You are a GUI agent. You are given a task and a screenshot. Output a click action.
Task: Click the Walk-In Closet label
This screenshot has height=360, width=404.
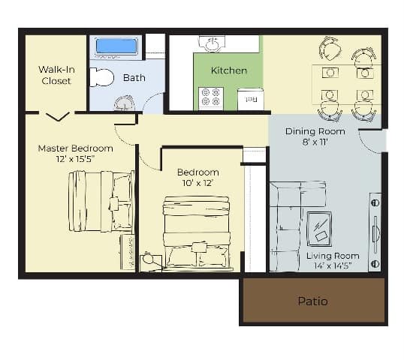click(x=56, y=75)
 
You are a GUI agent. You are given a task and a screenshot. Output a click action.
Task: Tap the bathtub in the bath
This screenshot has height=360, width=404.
click(x=117, y=46)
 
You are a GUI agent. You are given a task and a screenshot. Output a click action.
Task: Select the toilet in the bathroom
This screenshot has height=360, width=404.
click(x=101, y=77)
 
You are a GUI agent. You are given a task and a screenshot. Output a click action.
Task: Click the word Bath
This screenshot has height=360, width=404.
click(x=134, y=77)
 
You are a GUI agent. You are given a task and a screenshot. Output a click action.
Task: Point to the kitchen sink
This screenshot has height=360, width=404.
click(x=210, y=44)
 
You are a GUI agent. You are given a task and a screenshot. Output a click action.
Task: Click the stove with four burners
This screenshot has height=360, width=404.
click(x=210, y=97)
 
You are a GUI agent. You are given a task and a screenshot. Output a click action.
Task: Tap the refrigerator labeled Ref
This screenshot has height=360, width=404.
click(x=250, y=98)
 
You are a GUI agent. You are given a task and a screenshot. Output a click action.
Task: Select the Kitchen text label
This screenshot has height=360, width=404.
click(x=228, y=70)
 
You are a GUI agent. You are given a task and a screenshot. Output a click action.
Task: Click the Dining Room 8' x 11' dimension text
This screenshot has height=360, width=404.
click(x=315, y=142)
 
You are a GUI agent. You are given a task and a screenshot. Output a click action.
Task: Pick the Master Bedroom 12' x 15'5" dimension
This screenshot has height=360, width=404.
click(x=75, y=160)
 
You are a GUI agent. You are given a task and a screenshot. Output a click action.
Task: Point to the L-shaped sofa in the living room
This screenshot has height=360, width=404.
click(x=288, y=217)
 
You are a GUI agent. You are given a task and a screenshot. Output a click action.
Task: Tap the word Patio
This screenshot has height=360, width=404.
click(x=312, y=301)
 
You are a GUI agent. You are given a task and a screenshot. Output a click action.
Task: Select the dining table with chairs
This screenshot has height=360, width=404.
click(x=345, y=82)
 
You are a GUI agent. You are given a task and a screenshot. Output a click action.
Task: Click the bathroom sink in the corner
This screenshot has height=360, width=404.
click(x=124, y=103)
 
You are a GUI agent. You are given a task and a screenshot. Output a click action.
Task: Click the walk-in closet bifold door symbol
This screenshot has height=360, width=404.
click(x=57, y=116)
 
